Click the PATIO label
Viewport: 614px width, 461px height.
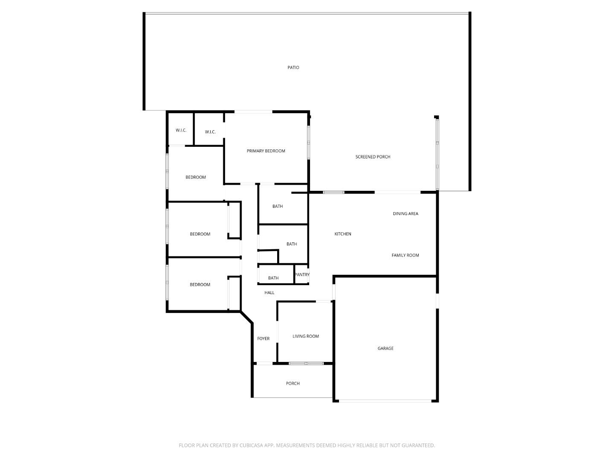pos(293,67)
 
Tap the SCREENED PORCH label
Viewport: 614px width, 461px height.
pos(373,157)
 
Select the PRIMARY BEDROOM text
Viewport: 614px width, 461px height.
pos(266,151)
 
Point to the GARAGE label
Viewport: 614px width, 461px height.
pos(385,348)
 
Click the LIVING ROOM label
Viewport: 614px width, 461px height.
pos(305,336)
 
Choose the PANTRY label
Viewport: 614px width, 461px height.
pos(302,274)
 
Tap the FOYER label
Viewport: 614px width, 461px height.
pos(263,338)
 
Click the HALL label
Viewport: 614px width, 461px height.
pos(269,292)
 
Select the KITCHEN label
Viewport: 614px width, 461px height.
pos(342,234)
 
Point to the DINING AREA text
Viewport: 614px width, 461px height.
pos(405,213)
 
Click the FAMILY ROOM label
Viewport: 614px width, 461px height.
pos(405,255)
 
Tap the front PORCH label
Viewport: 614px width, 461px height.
pos(293,383)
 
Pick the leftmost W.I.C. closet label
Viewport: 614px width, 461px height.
pos(181,130)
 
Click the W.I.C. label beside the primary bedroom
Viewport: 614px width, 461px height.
pos(210,132)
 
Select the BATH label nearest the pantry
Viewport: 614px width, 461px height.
pos(273,278)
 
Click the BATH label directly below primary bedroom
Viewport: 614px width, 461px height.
pos(277,206)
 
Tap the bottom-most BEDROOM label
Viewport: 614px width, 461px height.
pos(200,285)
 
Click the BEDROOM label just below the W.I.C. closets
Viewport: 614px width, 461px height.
pos(195,177)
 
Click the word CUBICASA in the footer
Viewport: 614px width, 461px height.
pos(251,445)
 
